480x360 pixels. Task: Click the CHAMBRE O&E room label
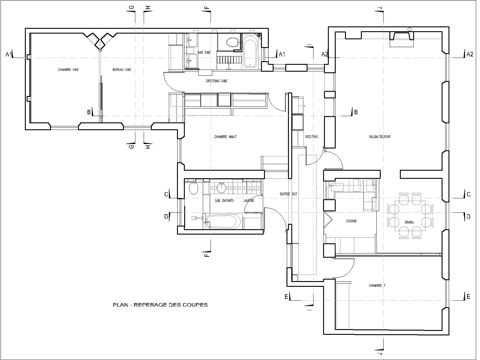[68, 70]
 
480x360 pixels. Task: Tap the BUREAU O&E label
[122, 70]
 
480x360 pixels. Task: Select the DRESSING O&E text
[217, 81]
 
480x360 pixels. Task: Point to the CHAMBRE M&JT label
[225, 137]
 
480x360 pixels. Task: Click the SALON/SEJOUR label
[379, 137]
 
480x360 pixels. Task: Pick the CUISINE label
[351, 221]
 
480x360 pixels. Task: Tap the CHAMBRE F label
[377, 286]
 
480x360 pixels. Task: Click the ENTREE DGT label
[289, 194]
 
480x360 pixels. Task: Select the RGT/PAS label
[312, 137]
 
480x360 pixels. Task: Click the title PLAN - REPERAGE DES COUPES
[160, 305]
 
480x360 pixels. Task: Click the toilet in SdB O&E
[232, 42]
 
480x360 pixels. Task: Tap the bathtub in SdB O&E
[250, 52]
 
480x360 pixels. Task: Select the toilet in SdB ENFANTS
[193, 189]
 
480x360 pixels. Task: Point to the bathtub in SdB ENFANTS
[223, 221]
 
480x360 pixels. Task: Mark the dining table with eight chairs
[410, 215]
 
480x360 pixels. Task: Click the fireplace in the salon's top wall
[402, 39]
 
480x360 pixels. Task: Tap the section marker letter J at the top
[380, 8]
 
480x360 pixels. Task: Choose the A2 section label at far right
[470, 54]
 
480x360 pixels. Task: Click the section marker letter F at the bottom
[207, 255]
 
